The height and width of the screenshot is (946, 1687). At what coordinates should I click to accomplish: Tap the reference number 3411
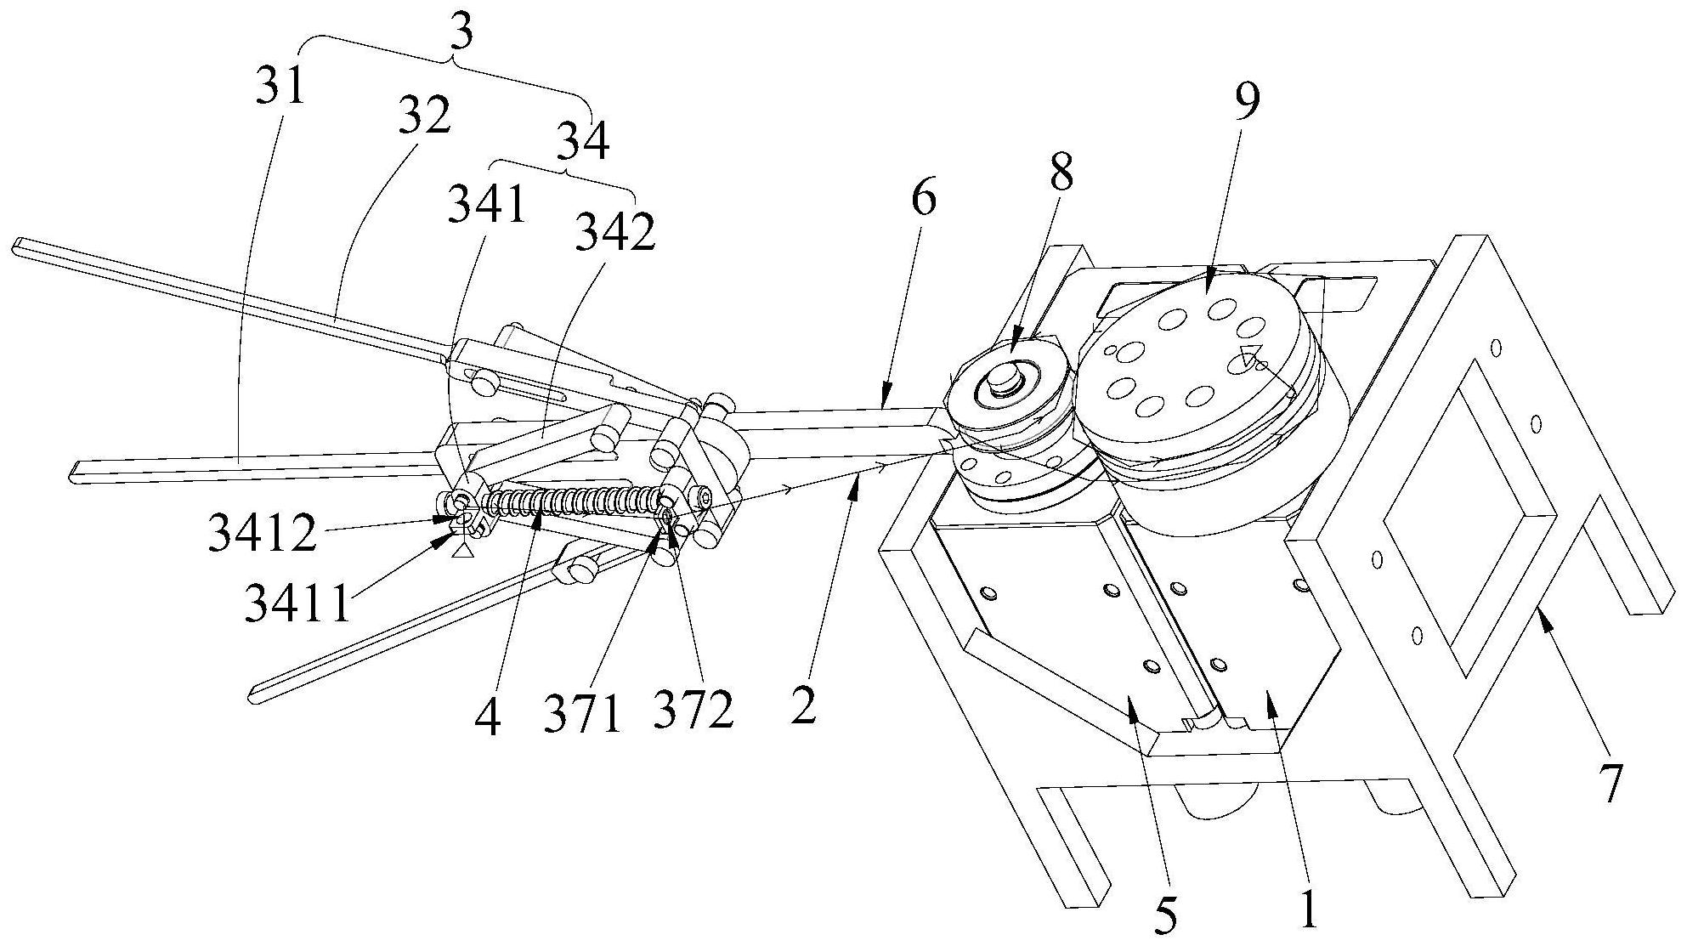coord(297,603)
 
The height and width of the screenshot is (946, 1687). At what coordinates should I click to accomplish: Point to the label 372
coord(693,709)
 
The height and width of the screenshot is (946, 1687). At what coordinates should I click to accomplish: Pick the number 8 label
coord(1061,173)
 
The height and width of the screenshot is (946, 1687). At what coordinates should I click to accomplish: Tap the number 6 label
coord(924,200)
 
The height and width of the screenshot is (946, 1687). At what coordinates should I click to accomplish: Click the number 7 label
coord(1610,784)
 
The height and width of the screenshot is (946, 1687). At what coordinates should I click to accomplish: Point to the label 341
coord(487,204)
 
